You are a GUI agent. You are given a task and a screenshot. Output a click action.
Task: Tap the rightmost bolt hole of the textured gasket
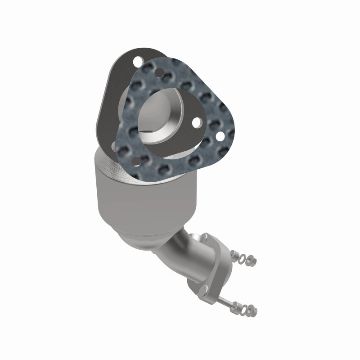pos(220,135)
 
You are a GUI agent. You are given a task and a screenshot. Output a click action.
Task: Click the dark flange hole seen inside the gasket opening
pos(196,121)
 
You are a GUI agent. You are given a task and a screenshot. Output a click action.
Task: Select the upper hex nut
pos(252,261)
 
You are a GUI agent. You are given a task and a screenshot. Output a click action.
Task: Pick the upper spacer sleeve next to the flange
pos(234,255)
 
